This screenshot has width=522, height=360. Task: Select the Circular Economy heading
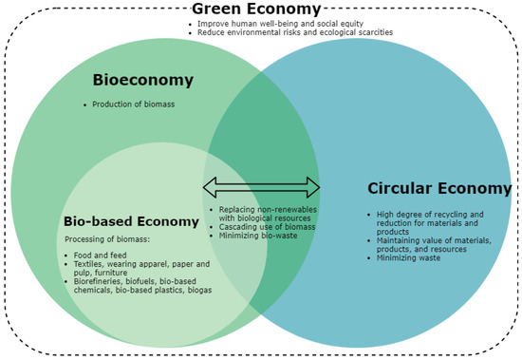[439, 188]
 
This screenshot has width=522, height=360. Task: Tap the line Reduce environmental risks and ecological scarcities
[294, 32]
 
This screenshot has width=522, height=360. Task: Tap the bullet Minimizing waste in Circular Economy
[409, 257]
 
